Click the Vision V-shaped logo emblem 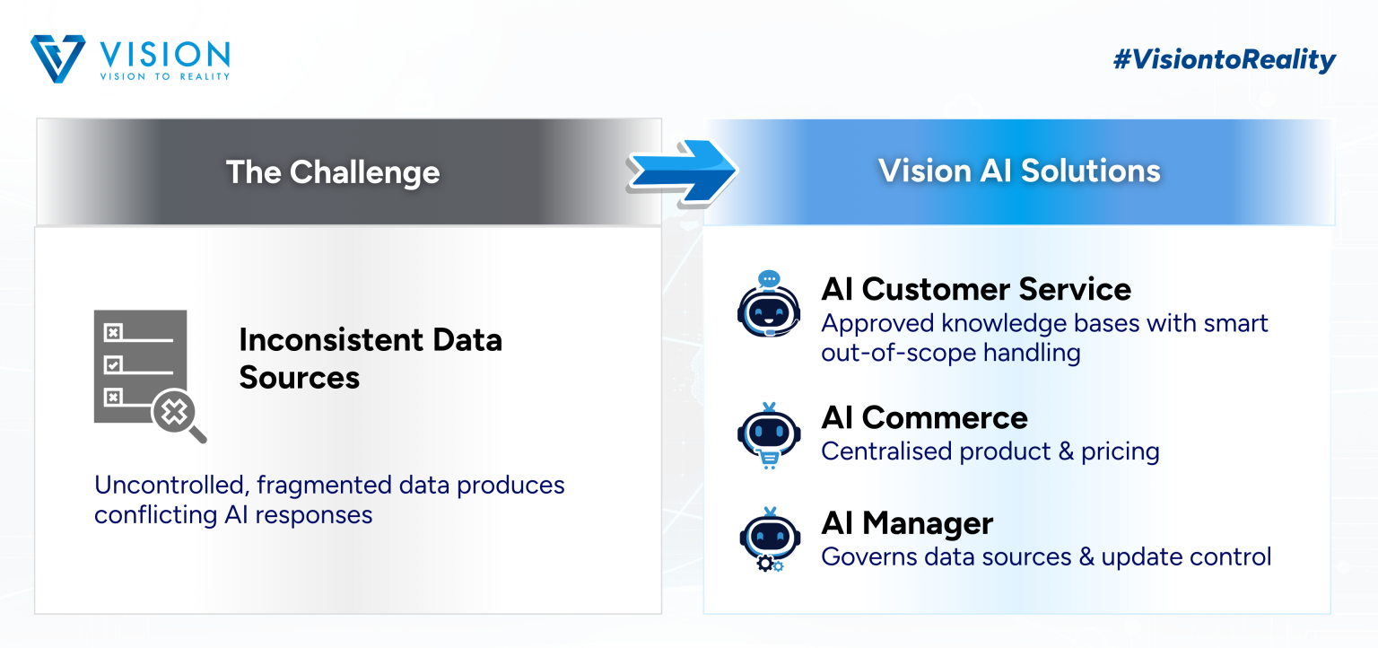(x=57, y=58)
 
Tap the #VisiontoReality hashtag (x=1225, y=60)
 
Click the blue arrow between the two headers (x=682, y=171)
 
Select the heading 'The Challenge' (x=333, y=172)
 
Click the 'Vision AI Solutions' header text (x=1019, y=171)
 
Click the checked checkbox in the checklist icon (x=113, y=365)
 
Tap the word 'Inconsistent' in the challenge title (x=330, y=339)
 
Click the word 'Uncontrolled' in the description (x=171, y=486)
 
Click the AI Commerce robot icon (x=769, y=435)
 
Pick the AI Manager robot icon (x=770, y=539)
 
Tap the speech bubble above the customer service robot (x=769, y=279)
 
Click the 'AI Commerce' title (x=924, y=418)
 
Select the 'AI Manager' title (x=907, y=523)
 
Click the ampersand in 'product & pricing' (x=1066, y=451)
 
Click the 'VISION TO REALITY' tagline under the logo (x=165, y=76)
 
